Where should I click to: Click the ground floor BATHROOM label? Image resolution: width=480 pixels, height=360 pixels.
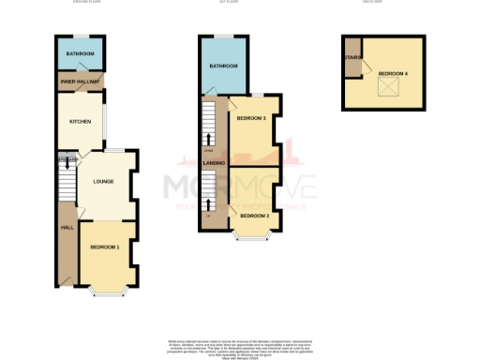coord(81,54)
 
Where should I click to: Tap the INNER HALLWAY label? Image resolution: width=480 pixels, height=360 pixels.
coord(81,82)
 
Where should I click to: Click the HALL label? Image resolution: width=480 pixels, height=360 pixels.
coord(67,227)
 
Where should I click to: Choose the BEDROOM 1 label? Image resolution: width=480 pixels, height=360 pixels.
coord(105,247)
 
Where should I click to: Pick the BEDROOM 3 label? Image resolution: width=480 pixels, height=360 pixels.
coord(251,119)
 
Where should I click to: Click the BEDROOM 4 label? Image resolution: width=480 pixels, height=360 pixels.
coord(392,71)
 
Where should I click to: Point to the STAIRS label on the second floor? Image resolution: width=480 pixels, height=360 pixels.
coord(352,57)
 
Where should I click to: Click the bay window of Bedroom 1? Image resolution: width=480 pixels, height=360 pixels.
coord(105,291)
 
